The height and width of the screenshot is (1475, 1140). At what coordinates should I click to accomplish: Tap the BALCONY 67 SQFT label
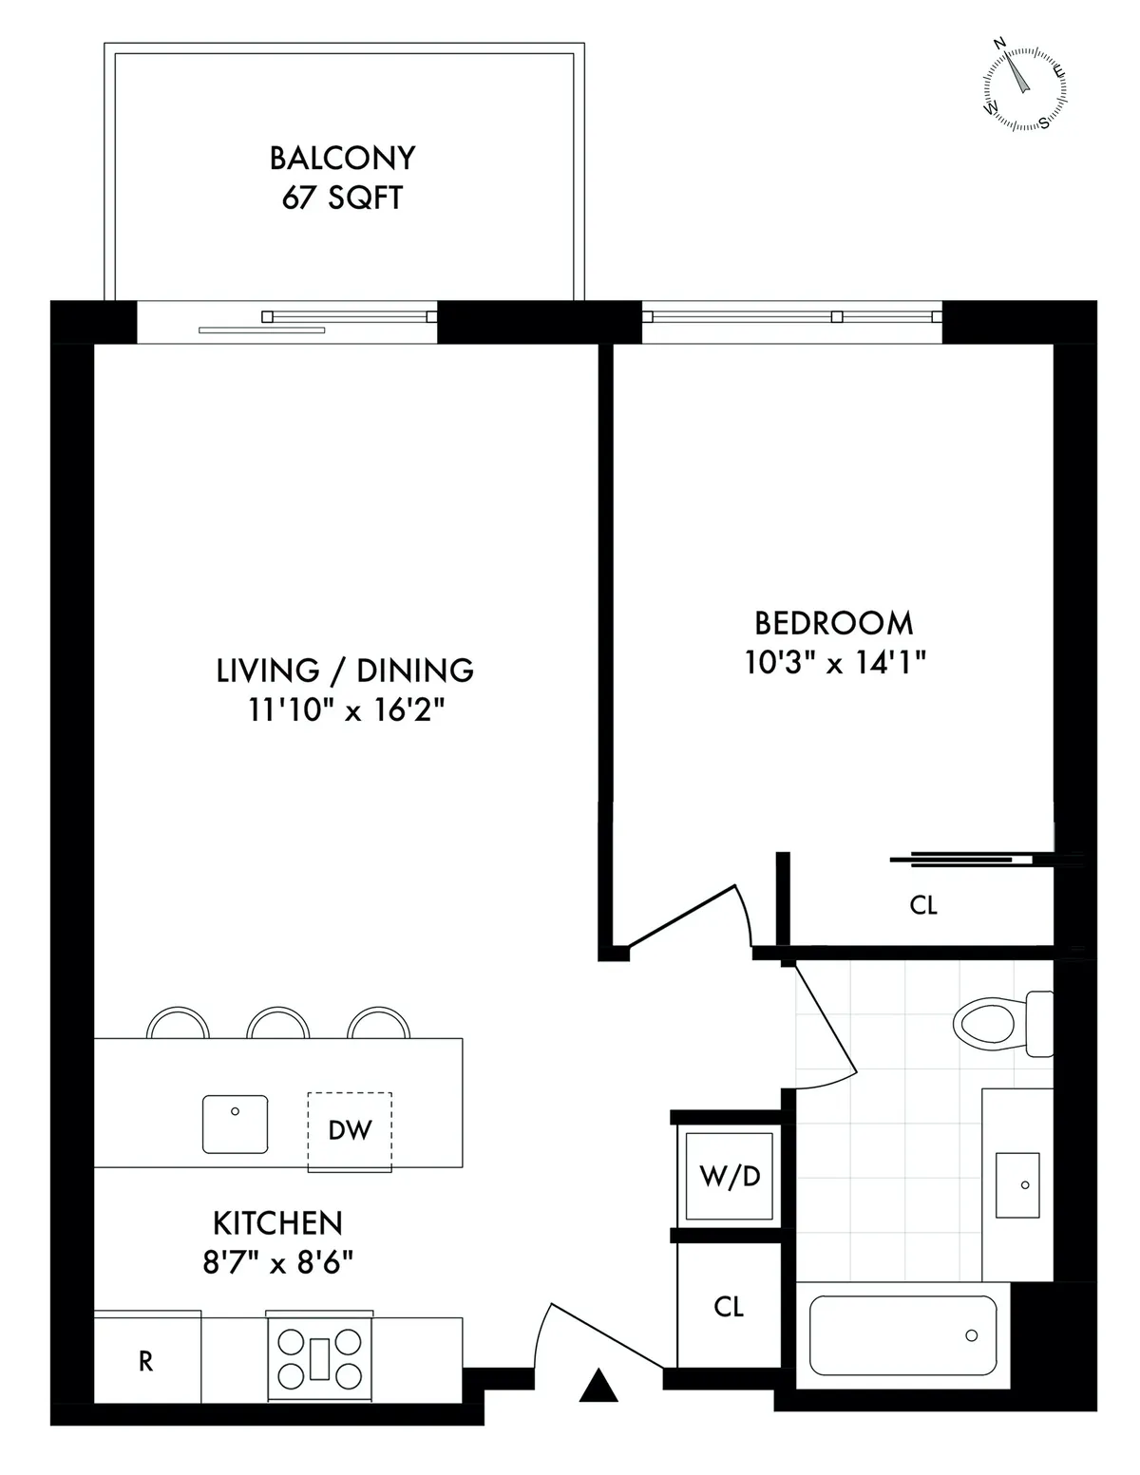[342, 178]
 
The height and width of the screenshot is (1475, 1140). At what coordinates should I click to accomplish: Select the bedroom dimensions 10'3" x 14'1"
[835, 663]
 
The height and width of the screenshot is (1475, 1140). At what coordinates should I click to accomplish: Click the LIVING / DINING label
[345, 671]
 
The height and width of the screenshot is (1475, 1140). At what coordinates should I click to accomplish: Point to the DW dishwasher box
[349, 1130]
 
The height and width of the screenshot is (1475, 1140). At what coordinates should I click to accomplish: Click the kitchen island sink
[235, 1124]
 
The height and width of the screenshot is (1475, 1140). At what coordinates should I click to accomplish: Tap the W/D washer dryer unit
[730, 1177]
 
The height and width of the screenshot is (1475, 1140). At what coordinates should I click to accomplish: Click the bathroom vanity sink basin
[1017, 1184]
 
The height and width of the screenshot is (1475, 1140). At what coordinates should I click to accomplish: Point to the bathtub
[902, 1334]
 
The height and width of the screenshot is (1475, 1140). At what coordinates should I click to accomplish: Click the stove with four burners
[318, 1358]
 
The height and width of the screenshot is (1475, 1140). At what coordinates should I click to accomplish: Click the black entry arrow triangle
[598, 1386]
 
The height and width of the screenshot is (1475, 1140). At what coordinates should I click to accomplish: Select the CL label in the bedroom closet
[923, 905]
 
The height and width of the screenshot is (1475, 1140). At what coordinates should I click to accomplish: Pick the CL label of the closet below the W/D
[729, 1307]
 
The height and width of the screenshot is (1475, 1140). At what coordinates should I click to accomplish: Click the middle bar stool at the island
[278, 1024]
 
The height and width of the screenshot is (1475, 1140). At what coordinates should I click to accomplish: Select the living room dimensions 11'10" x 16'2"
[347, 710]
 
